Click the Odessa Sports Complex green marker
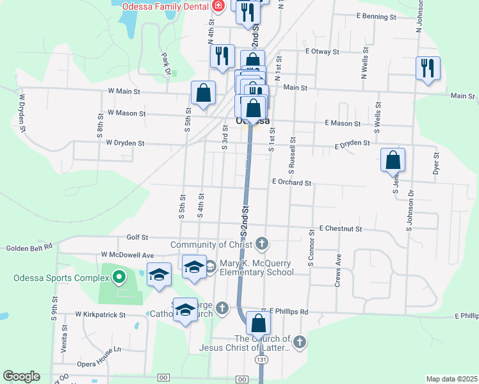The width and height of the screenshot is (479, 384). [x=118, y=277]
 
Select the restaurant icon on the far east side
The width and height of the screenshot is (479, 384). [x=428, y=68]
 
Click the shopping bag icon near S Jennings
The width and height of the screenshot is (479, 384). [x=393, y=160]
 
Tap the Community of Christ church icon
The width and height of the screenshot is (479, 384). [x=261, y=244]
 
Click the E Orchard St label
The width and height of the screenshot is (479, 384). [x=291, y=182]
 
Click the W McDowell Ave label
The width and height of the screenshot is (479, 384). [x=128, y=255]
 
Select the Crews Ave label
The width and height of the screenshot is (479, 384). [x=339, y=268]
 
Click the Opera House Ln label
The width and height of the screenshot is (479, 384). [x=99, y=349]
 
